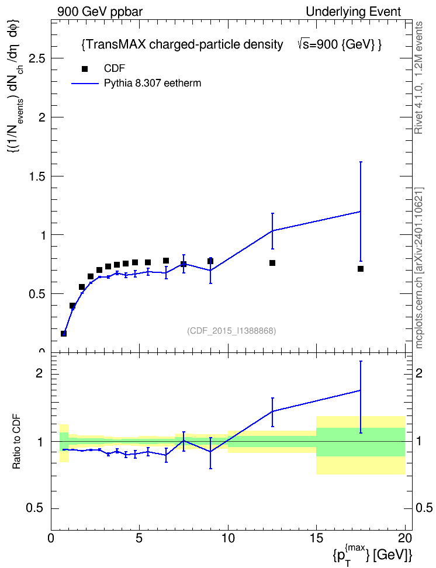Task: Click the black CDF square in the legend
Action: pyautogui.click(x=85, y=69)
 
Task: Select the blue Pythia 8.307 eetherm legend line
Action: pyautogui.click(x=85, y=84)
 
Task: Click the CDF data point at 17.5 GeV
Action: pyautogui.click(x=360, y=269)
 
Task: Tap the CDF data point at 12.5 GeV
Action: pyautogui.click(x=272, y=263)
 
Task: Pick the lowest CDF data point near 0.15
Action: pyautogui.click(x=64, y=334)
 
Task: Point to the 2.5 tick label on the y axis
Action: pyautogui.click(x=37, y=58)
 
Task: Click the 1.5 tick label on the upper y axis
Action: pyautogui.click(x=37, y=176)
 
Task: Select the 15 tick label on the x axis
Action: pyautogui.click(x=316, y=538)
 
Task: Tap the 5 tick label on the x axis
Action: pyautogui.click(x=140, y=538)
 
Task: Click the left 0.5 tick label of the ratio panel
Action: pyautogui.click(x=35, y=508)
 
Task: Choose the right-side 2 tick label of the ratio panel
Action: pyautogui.click(x=419, y=373)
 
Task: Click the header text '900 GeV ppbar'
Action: pyautogui.click(x=100, y=12)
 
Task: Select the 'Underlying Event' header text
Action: pyautogui.click(x=354, y=12)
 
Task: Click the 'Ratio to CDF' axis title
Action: pyautogui.click(x=17, y=442)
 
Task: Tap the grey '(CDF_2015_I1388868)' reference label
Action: pyautogui.click(x=231, y=331)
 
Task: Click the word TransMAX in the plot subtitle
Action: pyautogui.click(x=116, y=44)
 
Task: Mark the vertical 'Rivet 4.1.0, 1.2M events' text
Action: pyautogui.click(x=418, y=78)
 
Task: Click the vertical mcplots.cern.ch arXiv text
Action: pyautogui.click(x=419, y=268)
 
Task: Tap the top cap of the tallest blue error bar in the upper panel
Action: pyautogui.click(x=361, y=162)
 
